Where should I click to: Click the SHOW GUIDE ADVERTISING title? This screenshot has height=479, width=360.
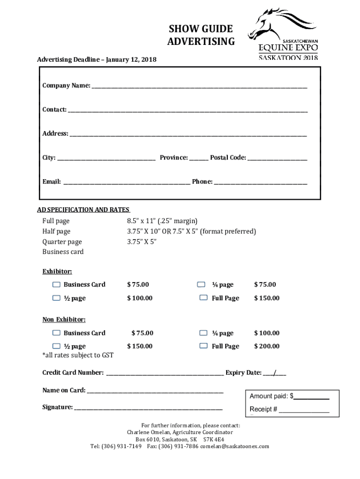click(x=201, y=36)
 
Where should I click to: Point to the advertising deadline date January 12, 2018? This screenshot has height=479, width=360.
click(x=131, y=60)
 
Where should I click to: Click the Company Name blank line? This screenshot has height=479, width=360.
click(x=199, y=87)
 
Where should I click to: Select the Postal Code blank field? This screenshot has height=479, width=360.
click(x=277, y=159)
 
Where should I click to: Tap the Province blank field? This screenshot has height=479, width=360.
click(x=199, y=159)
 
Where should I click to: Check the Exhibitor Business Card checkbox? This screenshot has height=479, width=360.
click(x=57, y=284)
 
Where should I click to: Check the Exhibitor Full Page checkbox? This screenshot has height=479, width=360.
click(x=203, y=298)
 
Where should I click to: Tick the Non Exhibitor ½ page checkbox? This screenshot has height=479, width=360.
click(x=57, y=346)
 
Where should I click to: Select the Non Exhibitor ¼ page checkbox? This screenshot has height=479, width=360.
click(x=203, y=333)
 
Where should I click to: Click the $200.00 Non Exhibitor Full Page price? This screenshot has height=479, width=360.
click(x=266, y=346)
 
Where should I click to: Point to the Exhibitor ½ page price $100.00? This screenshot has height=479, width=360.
click(x=140, y=298)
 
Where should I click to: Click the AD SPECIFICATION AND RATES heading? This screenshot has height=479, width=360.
click(x=83, y=210)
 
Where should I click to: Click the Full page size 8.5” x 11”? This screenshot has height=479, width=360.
click(x=162, y=221)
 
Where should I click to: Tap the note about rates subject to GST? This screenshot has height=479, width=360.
click(x=78, y=355)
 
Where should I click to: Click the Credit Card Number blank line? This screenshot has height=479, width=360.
click(x=165, y=374)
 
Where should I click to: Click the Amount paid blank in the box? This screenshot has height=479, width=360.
click(x=311, y=397)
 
